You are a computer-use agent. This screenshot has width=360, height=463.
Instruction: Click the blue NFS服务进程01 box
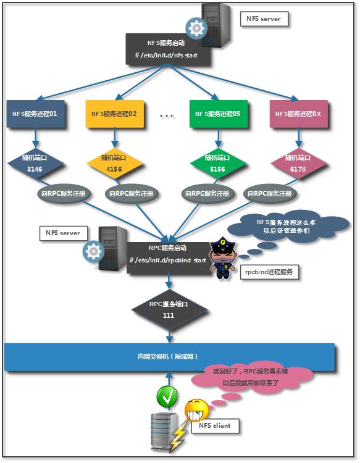point(35,114)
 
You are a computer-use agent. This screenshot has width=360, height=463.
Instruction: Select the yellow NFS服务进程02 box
point(114,114)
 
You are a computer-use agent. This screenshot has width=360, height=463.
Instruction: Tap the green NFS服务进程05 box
point(217,114)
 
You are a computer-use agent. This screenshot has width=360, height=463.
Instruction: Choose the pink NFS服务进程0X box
point(295,114)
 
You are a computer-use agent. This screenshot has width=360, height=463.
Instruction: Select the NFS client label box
point(214,426)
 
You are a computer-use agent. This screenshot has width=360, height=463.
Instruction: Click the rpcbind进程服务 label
point(270,271)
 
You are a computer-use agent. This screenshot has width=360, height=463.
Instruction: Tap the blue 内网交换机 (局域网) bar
point(169,356)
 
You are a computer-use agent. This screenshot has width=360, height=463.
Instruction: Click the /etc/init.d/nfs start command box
point(170,49)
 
